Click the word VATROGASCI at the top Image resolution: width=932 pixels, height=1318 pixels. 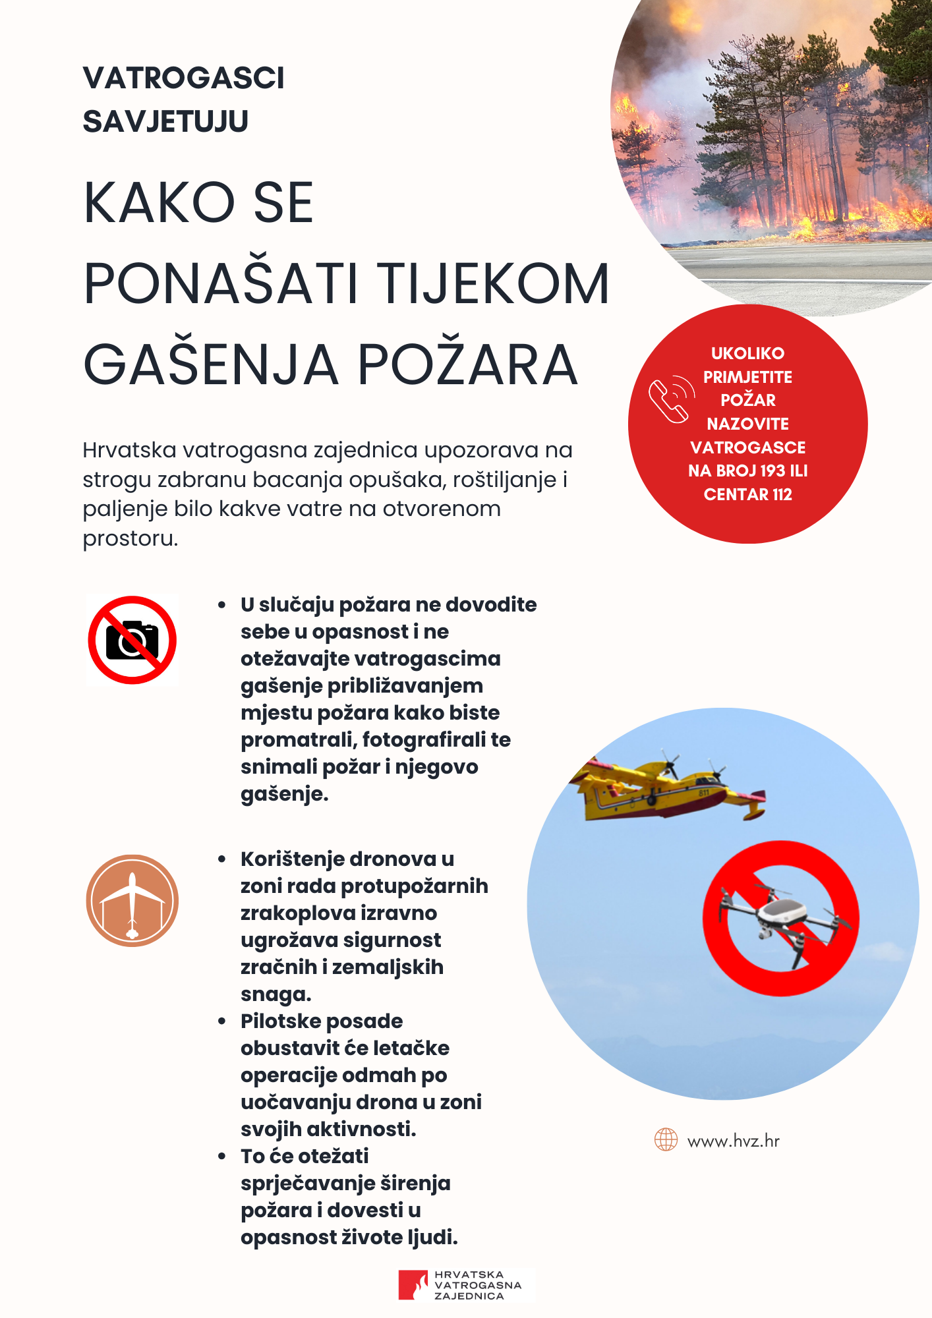pyautogui.click(x=183, y=78)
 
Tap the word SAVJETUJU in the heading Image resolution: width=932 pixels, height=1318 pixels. pyautogui.click(x=165, y=122)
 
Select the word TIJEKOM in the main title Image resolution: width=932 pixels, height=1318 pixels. pyautogui.click(x=495, y=284)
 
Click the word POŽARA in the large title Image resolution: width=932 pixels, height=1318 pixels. pyautogui.click(x=468, y=365)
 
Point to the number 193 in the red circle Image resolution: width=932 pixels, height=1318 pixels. pyautogui.click(x=772, y=471)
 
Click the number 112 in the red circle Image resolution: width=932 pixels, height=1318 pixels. pyautogui.click(x=782, y=494)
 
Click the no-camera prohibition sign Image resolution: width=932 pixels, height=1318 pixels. pyautogui.click(x=132, y=640)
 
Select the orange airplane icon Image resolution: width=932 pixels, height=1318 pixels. pyautogui.click(x=132, y=901)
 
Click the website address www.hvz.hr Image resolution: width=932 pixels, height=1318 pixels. pyautogui.click(x=733, y=1141)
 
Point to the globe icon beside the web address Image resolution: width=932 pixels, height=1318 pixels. pyautogui.click(x=666, y=1139)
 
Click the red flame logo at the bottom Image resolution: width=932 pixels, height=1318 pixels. pyautogui.click(x=413, y=1285)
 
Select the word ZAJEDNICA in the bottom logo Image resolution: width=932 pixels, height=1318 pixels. pyautogui.click(x=469, y=1296)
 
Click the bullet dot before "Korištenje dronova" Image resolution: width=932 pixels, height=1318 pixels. pyautogui.click(x=222, y=859)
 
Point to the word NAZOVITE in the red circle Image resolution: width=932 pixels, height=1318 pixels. pyautogui.click(x=747, y=424)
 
